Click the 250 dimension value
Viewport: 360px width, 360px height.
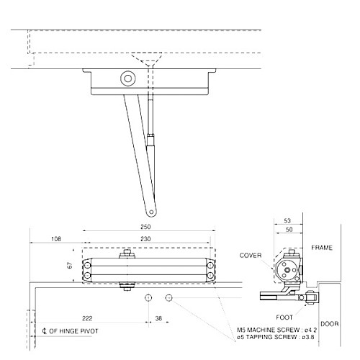147,227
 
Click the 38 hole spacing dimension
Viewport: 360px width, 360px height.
158,318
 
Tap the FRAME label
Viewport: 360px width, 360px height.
322,247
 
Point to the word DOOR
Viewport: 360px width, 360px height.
330,324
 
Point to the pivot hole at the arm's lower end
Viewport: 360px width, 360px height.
150,212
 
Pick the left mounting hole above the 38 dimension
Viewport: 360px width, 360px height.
148,297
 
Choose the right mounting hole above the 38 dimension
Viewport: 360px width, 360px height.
169,297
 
